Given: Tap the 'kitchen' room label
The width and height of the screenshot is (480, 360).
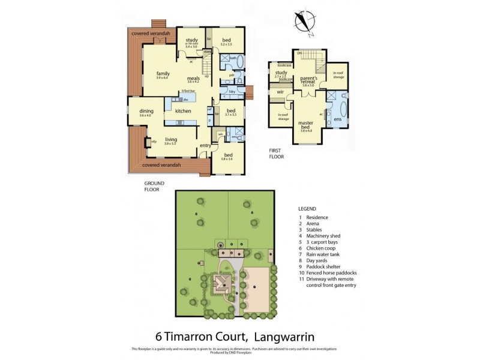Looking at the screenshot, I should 182,111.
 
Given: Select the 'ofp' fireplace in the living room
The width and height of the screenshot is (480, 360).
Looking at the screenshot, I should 154,142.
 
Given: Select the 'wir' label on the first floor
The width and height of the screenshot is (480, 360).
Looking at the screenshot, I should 280,92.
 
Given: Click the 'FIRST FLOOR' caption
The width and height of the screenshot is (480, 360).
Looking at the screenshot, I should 276,154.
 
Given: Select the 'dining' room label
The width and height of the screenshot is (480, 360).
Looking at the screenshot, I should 146,111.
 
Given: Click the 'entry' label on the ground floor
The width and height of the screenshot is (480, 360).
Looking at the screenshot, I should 205,145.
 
